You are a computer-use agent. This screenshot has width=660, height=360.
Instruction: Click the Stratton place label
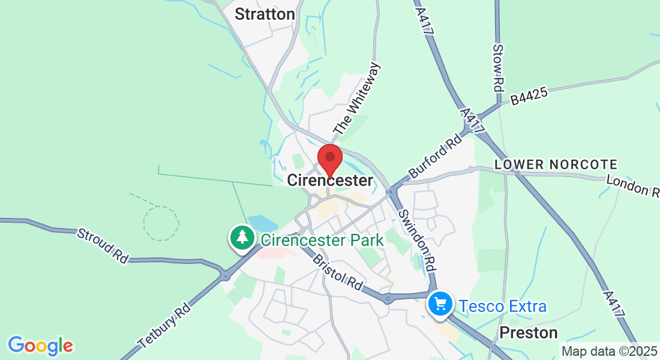[265, 14]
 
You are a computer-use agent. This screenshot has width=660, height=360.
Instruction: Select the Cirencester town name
[330, 180]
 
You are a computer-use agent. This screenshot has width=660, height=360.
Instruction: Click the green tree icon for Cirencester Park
[242, 238]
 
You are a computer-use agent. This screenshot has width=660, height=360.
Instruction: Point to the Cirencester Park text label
[322, 241]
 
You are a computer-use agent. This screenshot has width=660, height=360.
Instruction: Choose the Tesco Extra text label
[503, 307]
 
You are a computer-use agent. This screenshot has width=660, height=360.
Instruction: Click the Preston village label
[529, 332]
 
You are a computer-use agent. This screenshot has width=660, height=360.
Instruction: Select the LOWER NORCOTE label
[556, 164]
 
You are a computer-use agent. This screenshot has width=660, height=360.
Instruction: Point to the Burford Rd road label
[435, 156]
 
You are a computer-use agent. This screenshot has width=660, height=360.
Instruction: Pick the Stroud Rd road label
[103, 245]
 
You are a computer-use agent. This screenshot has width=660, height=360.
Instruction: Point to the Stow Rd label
[497, 67]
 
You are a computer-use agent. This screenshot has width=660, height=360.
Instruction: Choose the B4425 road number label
[530, 95]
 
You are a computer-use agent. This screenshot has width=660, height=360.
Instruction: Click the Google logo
[40, 346]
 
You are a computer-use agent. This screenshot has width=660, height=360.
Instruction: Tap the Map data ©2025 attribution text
[609, 351]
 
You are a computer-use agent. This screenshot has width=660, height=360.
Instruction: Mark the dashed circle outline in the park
[161, 223]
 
